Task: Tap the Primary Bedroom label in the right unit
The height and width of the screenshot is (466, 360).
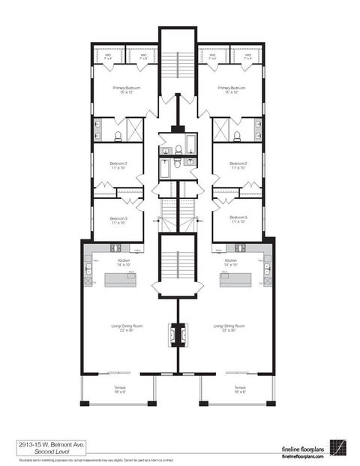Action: (x=234, y=89)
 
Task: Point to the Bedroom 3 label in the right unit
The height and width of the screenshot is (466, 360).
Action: (x=239, y=218)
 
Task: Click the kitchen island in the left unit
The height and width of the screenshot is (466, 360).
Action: (x=120, y=280)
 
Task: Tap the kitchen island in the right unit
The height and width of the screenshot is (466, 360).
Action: (x=235, y=280)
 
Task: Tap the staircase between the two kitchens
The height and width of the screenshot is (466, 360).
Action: (x=178, y=266)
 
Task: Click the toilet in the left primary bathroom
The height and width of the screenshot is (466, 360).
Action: (x=118, y=136)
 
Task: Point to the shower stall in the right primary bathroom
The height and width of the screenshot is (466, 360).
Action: (x=221, y=129)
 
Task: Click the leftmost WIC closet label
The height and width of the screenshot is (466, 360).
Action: (x=108, y=56)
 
